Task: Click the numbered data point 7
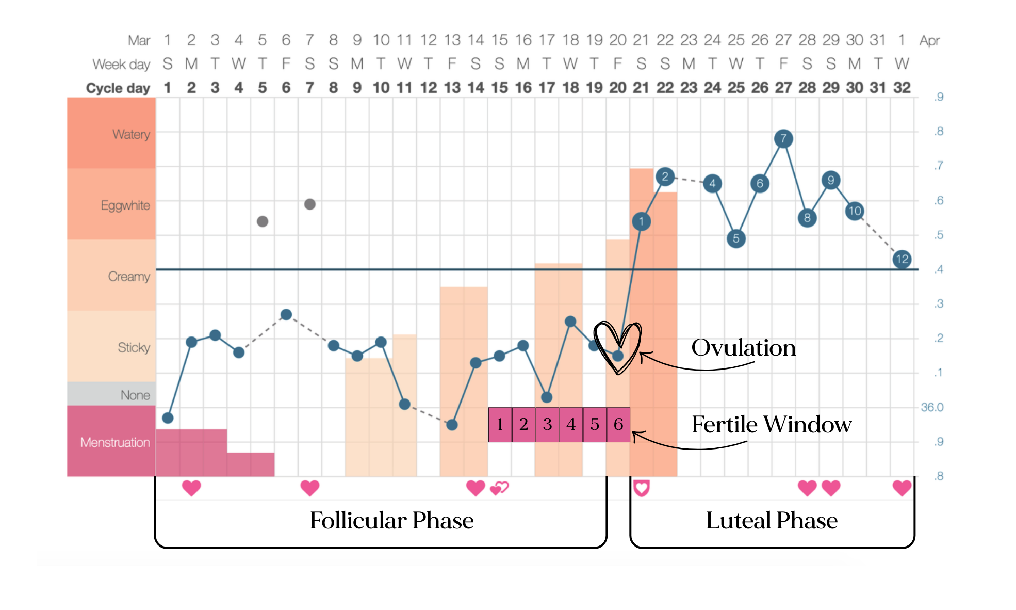point(783,138)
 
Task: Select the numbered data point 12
point(902,259)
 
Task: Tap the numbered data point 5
point(736,238)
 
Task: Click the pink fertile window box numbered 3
point(547,424)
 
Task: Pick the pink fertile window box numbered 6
point(618,424)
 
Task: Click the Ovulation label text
point(743,348)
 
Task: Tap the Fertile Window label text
point(771,425)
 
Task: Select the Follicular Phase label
point(391,520)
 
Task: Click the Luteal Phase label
point(772,520)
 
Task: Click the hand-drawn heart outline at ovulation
point(617,346)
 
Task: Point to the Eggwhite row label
point(125,205)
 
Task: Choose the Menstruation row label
point(114,442)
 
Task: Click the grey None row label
point(135,395)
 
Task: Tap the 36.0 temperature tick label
point(932,407)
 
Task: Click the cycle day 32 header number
point(902,88)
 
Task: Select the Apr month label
point(929,40)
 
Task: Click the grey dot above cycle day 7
point(309,204)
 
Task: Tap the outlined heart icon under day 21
point(641,488)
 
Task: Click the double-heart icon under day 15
point(499,488)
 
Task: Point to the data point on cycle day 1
point(168,418)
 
